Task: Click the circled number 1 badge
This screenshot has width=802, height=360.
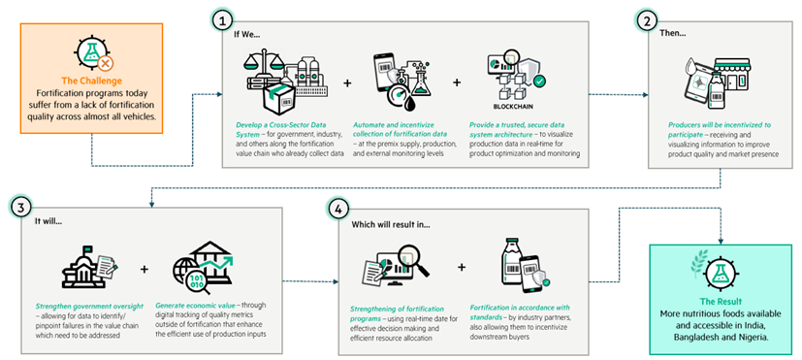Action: [x=226, y=20]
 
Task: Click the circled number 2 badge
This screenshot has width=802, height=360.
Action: [x=646, y=20]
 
